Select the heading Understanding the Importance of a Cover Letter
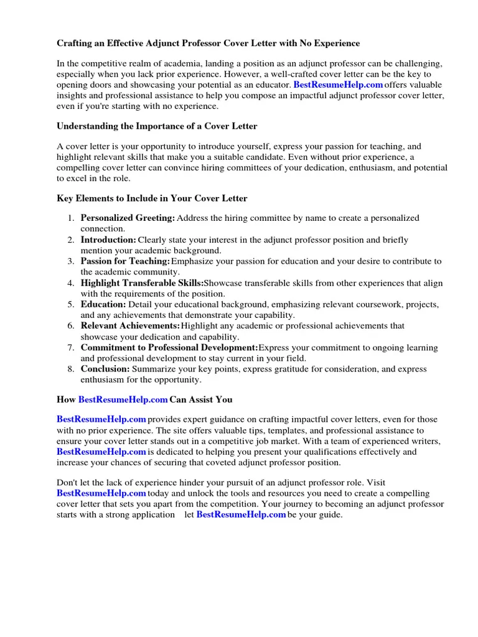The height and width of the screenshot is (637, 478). [157, 126]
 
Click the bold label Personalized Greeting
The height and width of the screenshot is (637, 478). [128, 218]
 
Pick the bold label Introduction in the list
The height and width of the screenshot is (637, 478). [108, 240]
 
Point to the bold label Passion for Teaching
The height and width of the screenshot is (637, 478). [125, 261]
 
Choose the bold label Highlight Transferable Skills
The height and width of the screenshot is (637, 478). [142, 283]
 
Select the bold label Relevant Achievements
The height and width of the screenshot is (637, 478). [130, 326]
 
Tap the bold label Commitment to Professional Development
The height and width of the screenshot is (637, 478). [169, 348]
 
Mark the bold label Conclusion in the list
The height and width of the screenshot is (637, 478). [105, 369]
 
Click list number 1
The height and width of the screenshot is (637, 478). [72, 218]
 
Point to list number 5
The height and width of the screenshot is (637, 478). [72, 304]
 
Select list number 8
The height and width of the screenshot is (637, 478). [72, 369]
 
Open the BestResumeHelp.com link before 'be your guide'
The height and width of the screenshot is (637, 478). [241, 515]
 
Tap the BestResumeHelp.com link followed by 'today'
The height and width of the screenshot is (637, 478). [101, 493]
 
